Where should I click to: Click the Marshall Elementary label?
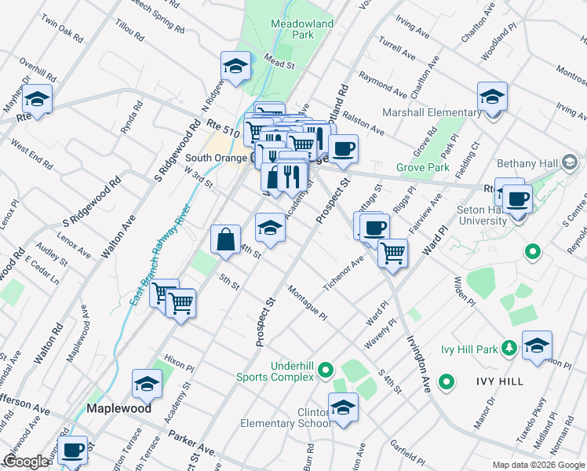point(432,112)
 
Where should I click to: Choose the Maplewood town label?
point(118,408)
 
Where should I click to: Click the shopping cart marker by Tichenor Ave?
point(392,253)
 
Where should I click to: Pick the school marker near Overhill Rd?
point(36,99)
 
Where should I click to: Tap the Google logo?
point(26,462)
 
